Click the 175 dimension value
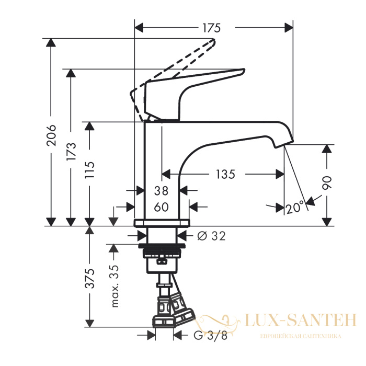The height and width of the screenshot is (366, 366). point(211,28)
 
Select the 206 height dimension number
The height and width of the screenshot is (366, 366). point(51,135)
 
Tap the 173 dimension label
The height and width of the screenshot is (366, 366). point(71,151)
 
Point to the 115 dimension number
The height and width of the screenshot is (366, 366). point(89,170)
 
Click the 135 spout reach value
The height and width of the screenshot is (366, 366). point(225,174)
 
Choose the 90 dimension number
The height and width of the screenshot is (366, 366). point(327,183)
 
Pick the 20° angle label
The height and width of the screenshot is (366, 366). point(295,207)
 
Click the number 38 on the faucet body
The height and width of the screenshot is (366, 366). point(161,191)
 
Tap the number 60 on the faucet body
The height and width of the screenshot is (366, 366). point(161,207)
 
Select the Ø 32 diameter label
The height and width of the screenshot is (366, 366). point(211,236)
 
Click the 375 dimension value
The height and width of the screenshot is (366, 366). point(89,279)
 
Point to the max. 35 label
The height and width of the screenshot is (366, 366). point(115,286)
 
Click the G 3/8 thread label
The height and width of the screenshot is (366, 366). point(211,336)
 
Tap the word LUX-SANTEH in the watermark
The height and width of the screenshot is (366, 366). point(301,320)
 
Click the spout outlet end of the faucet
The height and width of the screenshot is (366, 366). point(284,144)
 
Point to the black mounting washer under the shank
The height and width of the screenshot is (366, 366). point(162,246)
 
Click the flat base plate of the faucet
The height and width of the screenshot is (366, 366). point(162,223)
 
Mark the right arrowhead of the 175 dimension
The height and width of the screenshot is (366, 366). point(289,28)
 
